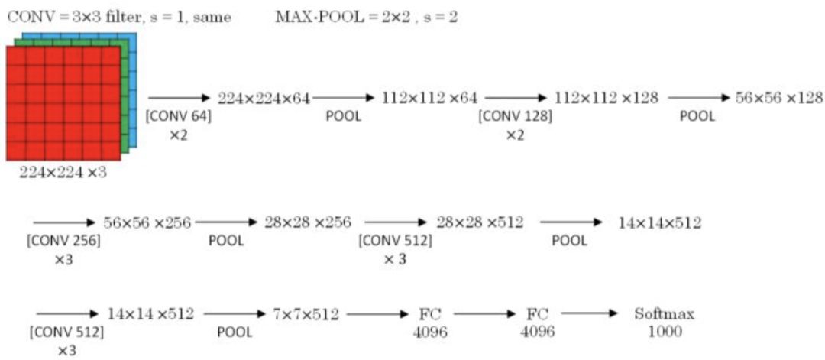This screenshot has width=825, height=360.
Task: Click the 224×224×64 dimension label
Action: [264, 98]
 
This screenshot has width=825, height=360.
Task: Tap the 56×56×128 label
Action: [779, 98]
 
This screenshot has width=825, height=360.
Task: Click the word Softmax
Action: [665, 314]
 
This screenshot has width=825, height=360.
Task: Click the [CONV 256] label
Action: [63, 240]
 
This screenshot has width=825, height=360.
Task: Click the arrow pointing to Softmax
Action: [588, 314]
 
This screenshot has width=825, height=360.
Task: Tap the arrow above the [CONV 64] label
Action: [178, 98]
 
